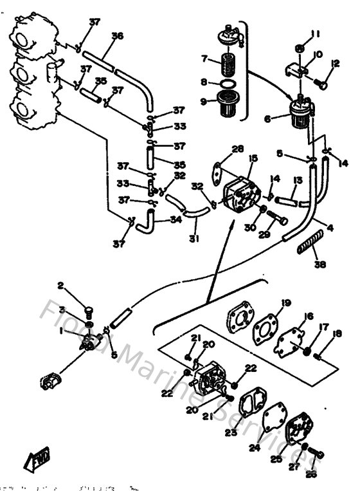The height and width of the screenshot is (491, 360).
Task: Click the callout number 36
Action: [116, 37]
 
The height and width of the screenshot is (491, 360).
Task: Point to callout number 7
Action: [204, 59]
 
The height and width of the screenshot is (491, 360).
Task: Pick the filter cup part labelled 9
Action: [227, 102]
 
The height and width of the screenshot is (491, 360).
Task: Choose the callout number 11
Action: [315, 34]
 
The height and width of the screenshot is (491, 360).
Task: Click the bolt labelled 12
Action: [321, 82]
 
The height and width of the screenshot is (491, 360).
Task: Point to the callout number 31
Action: [194, 239]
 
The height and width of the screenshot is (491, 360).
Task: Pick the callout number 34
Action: [175, 220]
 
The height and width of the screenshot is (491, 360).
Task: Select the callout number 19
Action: [285, 302]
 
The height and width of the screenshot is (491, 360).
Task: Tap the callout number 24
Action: [255, 448]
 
